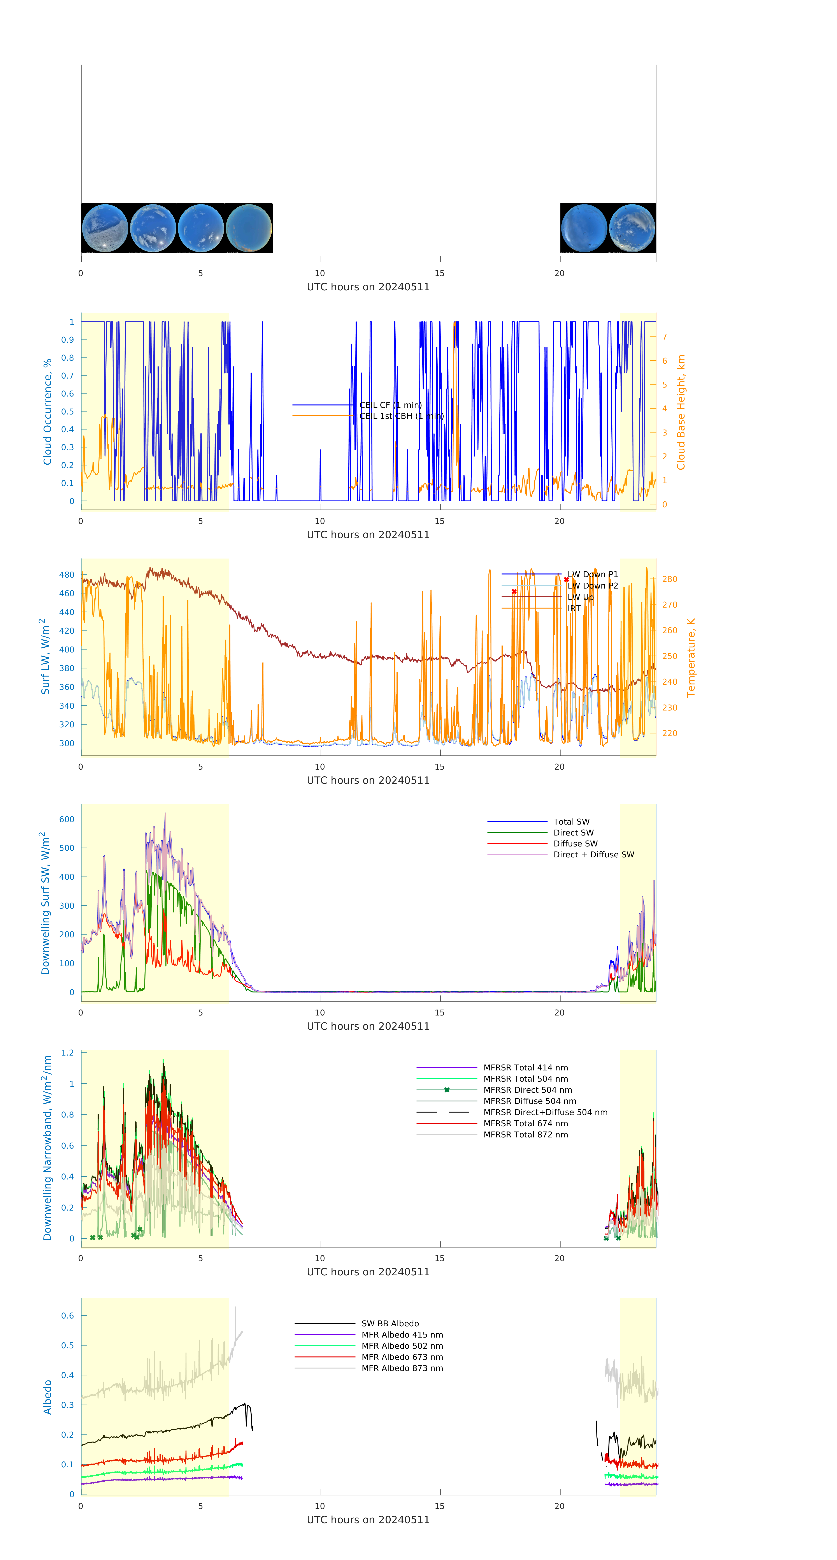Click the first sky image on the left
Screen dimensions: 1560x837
[x=105, y=228]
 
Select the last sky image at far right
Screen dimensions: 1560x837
[x=632, y=228]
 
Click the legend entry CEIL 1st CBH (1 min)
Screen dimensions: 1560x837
[x=401, y=416]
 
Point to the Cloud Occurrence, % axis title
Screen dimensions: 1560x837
[x=47, y=412]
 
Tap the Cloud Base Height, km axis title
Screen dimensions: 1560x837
[x=681, y=412]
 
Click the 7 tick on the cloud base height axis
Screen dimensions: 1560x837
[x=665, y=337]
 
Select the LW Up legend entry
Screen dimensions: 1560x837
[x=580, y=597]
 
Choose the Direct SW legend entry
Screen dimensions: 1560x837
[x=573, y=833]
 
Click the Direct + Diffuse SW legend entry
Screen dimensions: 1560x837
[x=593, y=855]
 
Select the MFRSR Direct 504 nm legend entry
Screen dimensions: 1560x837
[x=527, y=1090]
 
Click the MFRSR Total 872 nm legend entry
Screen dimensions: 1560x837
[x=525, y=1135]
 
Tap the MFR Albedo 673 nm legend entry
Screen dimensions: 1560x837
[x=402, y=1357]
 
